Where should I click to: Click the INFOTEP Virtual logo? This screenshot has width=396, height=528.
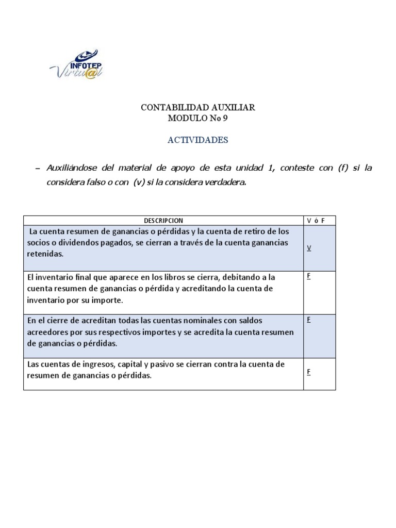point(77,64)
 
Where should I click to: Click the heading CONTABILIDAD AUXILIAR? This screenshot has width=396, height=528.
point(198,108)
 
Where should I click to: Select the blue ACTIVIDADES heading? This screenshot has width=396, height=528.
point(198,140)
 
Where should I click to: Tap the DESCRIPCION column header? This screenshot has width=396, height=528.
point(163,220)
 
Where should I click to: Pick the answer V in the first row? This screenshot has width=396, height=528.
point(309,248)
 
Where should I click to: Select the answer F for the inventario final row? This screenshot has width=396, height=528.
point(308,276)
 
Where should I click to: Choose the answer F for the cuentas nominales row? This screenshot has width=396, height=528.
point(308,320)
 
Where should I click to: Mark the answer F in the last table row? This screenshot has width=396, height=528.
point(308,372)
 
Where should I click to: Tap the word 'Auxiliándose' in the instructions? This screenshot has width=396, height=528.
point(71,168)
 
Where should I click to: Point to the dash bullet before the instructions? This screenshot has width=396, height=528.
point(37,169)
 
